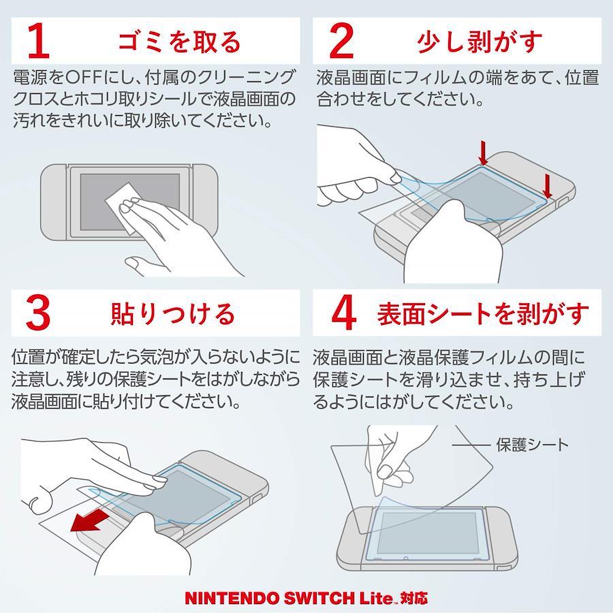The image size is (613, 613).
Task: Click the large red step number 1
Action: pos(39,40)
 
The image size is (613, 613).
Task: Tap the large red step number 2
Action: pos(341,40)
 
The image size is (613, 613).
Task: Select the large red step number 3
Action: pos(38,313)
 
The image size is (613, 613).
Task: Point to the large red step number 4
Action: pos(344,313)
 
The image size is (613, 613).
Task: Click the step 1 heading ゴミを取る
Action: pos(179,42)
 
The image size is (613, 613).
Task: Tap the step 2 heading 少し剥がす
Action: pos(480,42)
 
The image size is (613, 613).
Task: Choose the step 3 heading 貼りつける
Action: pos(173,313)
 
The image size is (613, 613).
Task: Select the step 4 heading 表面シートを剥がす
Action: pos(483,313)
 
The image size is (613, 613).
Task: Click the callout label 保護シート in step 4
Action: pos(532,445)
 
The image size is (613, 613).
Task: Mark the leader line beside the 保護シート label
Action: pos(471,445)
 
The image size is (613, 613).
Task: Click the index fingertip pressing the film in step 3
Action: pos(159,482)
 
